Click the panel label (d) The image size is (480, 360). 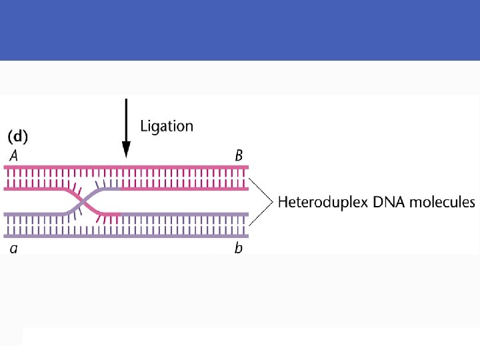point(17,137)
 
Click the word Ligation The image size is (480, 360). point(167,126)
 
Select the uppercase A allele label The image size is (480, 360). point(13,156)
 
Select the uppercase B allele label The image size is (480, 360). point(238,156)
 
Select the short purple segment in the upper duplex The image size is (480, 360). point(107,189)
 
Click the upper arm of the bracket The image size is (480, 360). point(260,189)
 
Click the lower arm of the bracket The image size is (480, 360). point(260,213)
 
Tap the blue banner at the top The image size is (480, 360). point(240,30)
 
